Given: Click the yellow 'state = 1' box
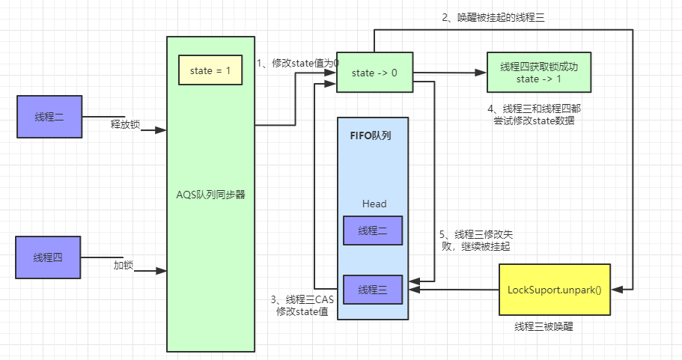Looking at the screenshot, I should pos(210,70).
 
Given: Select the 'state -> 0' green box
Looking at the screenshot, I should pos(374,73).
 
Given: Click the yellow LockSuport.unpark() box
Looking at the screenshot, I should pos(554,289).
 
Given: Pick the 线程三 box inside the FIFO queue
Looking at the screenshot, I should pos(373,289).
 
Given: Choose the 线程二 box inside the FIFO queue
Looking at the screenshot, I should pos(373,231).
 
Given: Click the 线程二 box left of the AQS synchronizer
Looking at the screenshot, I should pos(49,117).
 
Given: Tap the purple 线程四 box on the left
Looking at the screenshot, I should pos(49,257).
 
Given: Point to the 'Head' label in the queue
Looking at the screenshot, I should pos(374,204).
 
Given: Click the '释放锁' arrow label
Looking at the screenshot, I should pos(125,124).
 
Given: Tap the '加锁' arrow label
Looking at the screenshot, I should pos(124,265).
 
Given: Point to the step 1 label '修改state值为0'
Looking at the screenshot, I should pos(297,64).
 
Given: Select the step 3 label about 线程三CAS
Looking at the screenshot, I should pos(302,305).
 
